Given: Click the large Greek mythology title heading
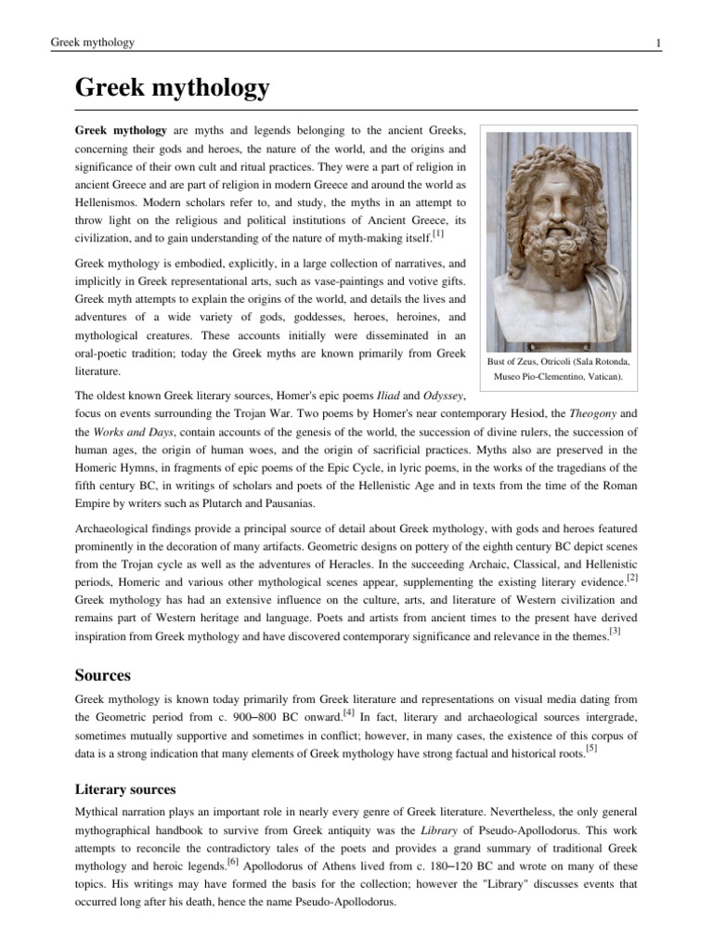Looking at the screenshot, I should tap(172, 88).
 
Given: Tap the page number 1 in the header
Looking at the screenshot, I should tap(658, 43).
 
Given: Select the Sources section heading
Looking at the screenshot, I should tap(102, 674).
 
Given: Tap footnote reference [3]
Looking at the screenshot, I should tap(614, 632).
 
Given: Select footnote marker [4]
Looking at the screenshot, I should tap(349, 713).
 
